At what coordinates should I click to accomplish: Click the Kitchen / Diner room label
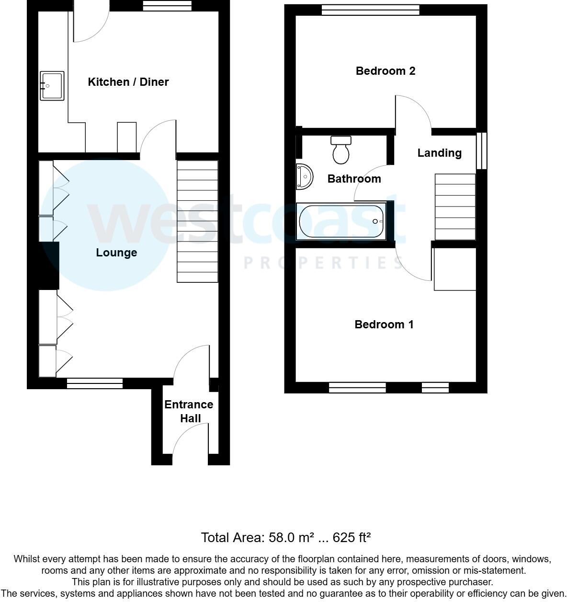[x=128, y=82]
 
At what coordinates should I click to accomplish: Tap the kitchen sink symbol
[x=52, y=86]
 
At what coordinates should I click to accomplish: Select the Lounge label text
[x=116, y=253]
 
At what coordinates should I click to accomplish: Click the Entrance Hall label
[x=189, y=411]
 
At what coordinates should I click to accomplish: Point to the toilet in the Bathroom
[x=341, y=150]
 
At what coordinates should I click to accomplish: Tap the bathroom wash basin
[x=304, y=176]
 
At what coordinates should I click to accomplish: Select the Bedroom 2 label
[x=386, y=71]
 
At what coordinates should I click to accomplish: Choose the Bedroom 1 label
[x=384, y=324]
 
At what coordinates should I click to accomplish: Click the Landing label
[x=439, y=153]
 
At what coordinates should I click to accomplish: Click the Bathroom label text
[x=354, y=179]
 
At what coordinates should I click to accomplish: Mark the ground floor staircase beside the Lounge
[x=198, y=221]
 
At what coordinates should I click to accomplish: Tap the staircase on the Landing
[x=455, y=207]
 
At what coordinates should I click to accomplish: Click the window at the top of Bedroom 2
[x=370, y=10]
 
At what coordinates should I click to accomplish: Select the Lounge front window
[x=95, y=383]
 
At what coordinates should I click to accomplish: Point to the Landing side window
[x=482, y=150]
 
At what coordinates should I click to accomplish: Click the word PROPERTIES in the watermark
[x=323, y=263]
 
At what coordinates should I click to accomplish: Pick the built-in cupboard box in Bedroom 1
[x=455, y=269]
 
